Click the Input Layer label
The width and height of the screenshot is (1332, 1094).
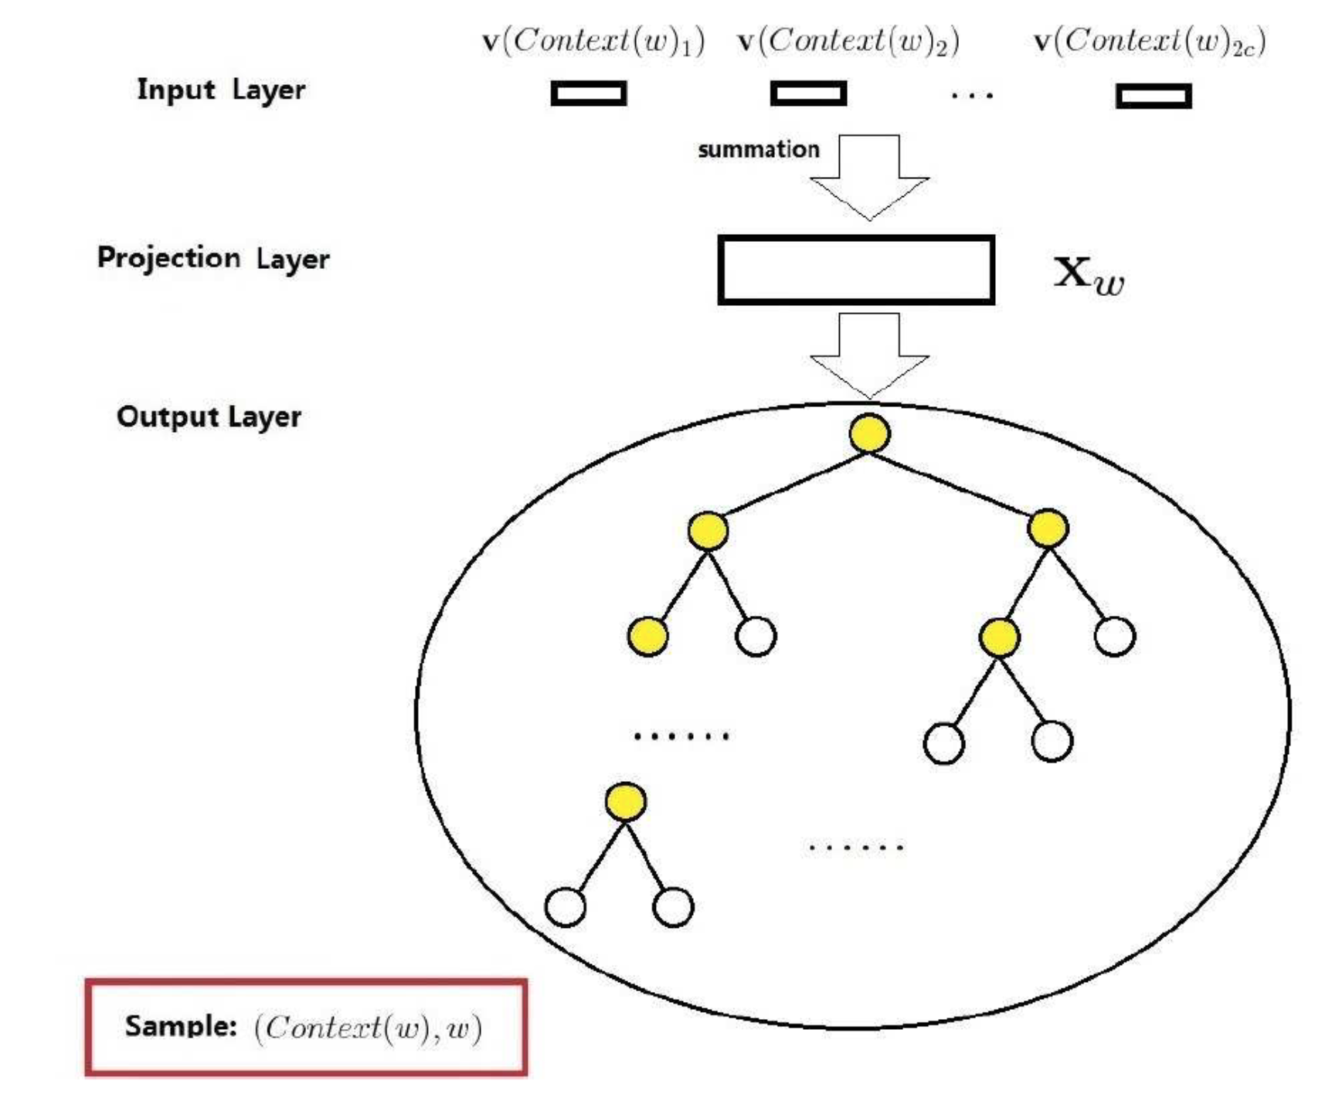221,90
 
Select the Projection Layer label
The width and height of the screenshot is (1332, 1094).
213,258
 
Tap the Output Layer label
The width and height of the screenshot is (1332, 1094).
209,417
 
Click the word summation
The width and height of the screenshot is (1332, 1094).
758,149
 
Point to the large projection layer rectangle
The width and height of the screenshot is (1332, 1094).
855,270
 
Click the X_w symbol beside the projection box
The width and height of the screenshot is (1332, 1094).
1089,274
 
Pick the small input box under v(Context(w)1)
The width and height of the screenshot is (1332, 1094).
589,93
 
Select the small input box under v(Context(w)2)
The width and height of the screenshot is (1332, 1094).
808,93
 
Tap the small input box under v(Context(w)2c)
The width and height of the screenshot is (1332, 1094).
1154,96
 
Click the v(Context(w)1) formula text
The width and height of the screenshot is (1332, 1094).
593,41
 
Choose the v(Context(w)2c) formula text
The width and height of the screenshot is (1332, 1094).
1150,41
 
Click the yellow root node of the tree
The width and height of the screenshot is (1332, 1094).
869,433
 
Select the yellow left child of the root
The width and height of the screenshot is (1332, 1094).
708,531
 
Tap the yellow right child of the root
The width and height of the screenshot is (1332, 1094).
1048,528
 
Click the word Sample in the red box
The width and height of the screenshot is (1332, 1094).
181,1026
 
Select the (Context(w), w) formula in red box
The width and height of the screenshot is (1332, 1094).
368,1028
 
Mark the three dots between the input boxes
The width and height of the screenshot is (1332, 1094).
972,96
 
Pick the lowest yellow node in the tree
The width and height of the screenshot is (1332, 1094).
626,802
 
